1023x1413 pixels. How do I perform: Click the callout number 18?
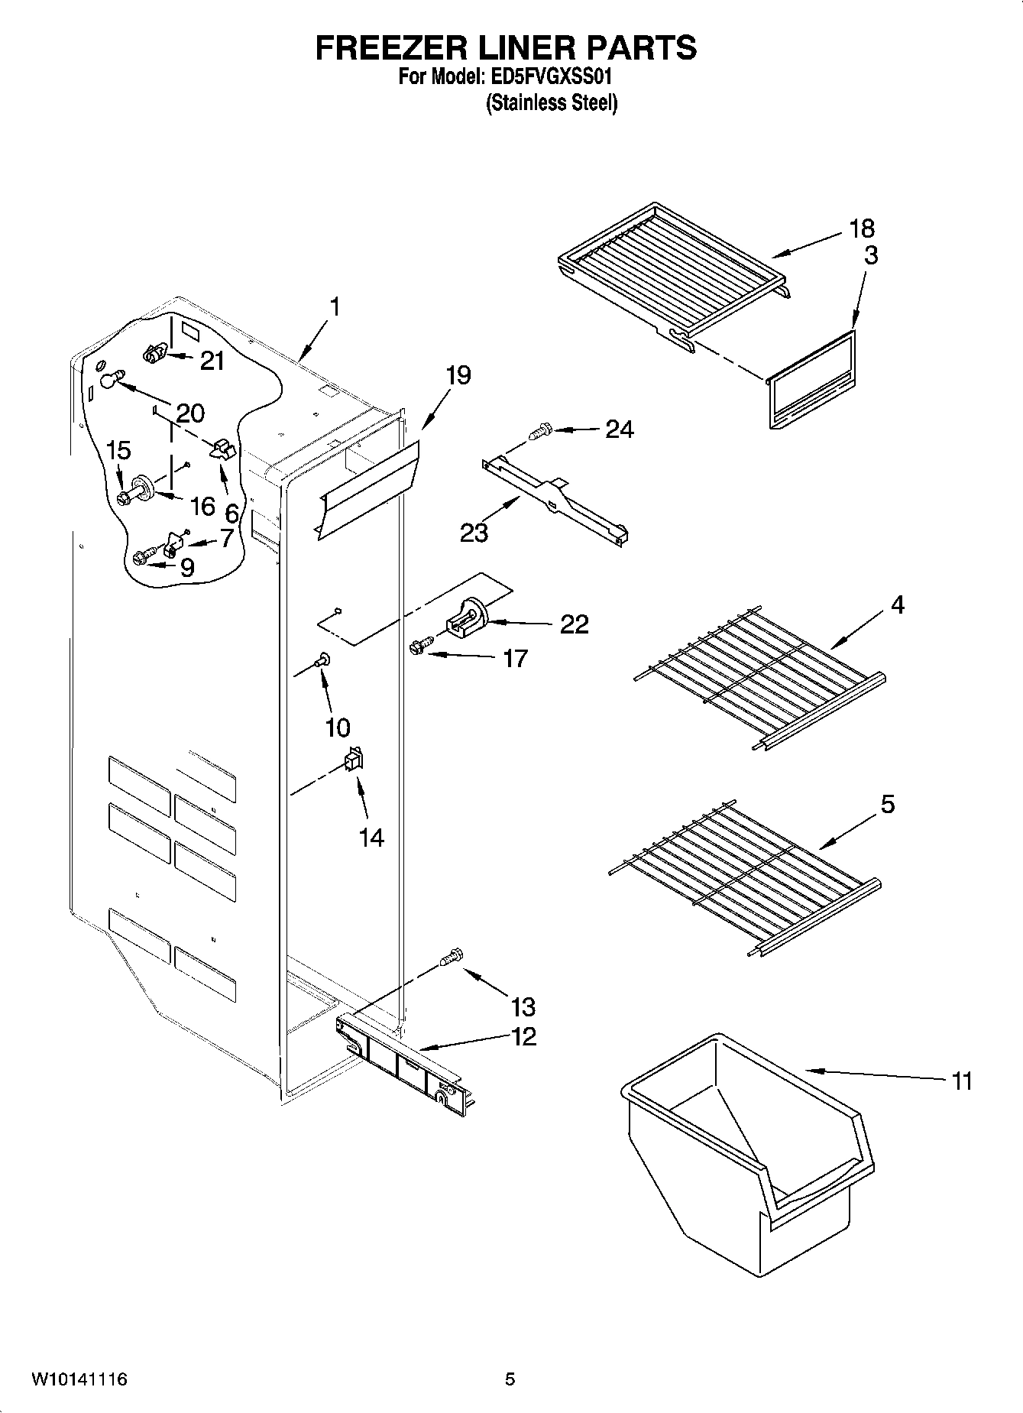(862, 228)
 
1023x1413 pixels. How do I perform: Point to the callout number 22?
(574, 624)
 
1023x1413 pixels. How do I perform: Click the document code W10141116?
(79, 1379)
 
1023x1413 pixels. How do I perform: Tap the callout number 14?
(371, 838)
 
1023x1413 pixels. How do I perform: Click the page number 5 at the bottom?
(510, 1379)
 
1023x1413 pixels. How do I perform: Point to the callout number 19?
(458, 375)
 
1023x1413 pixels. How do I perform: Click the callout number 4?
(897, 604)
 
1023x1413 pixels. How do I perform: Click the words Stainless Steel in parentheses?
(552, 103)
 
